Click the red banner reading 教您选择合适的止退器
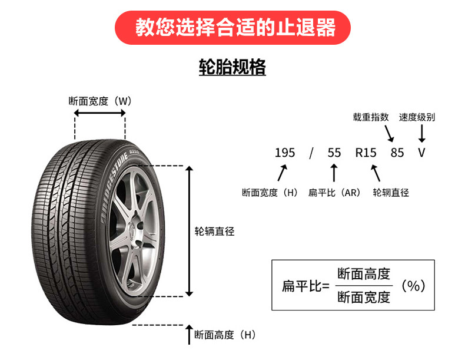tap(232, 27)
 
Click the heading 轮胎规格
tap(232, 67)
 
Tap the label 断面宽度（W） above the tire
tap(99, 101)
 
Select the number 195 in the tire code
tap(285, 153)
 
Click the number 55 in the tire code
tap(334, 153)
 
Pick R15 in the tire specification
tap(366, 153)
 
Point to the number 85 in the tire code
tap(397, 153)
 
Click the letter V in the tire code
tap(421, 153)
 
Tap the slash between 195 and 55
tap(311, 153)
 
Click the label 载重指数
tap(371, 117)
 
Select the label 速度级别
tap(417, 117)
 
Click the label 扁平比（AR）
tap(334, 193)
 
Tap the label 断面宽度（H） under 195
tap(271, 193)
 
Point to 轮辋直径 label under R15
tap(391, 193)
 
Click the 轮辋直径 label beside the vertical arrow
tap(214, 232)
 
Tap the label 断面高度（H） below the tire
tap(225, 335)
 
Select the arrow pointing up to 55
tap(334, 173)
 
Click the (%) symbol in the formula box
tap(413, 286)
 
